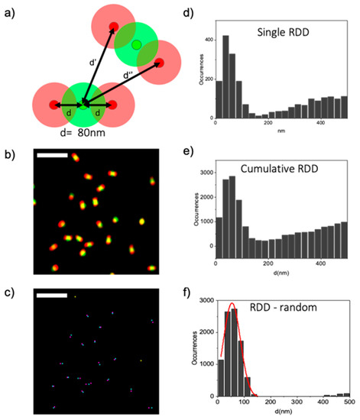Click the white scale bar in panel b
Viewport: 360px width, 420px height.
click(52, 156)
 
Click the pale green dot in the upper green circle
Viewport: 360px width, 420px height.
click(136, 46)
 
